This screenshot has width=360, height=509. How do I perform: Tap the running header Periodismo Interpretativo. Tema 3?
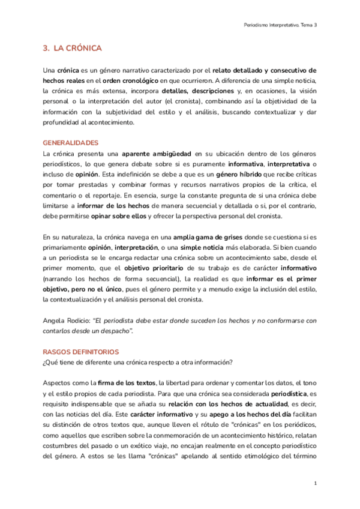click(x=281, y=25)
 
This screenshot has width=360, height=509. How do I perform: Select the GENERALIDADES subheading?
click(x=70, y=143)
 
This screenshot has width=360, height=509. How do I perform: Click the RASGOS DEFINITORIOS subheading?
click(x=81, y=352)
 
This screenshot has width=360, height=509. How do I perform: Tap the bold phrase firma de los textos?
click(x=126, y=383)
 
